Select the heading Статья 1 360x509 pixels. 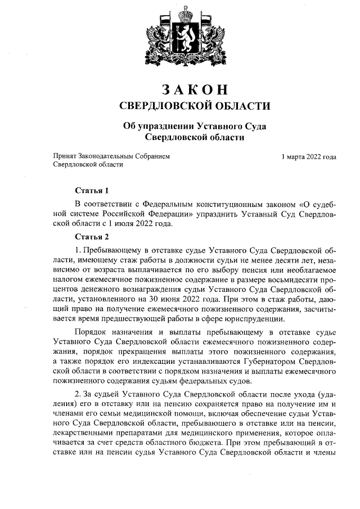pos(91,190)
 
